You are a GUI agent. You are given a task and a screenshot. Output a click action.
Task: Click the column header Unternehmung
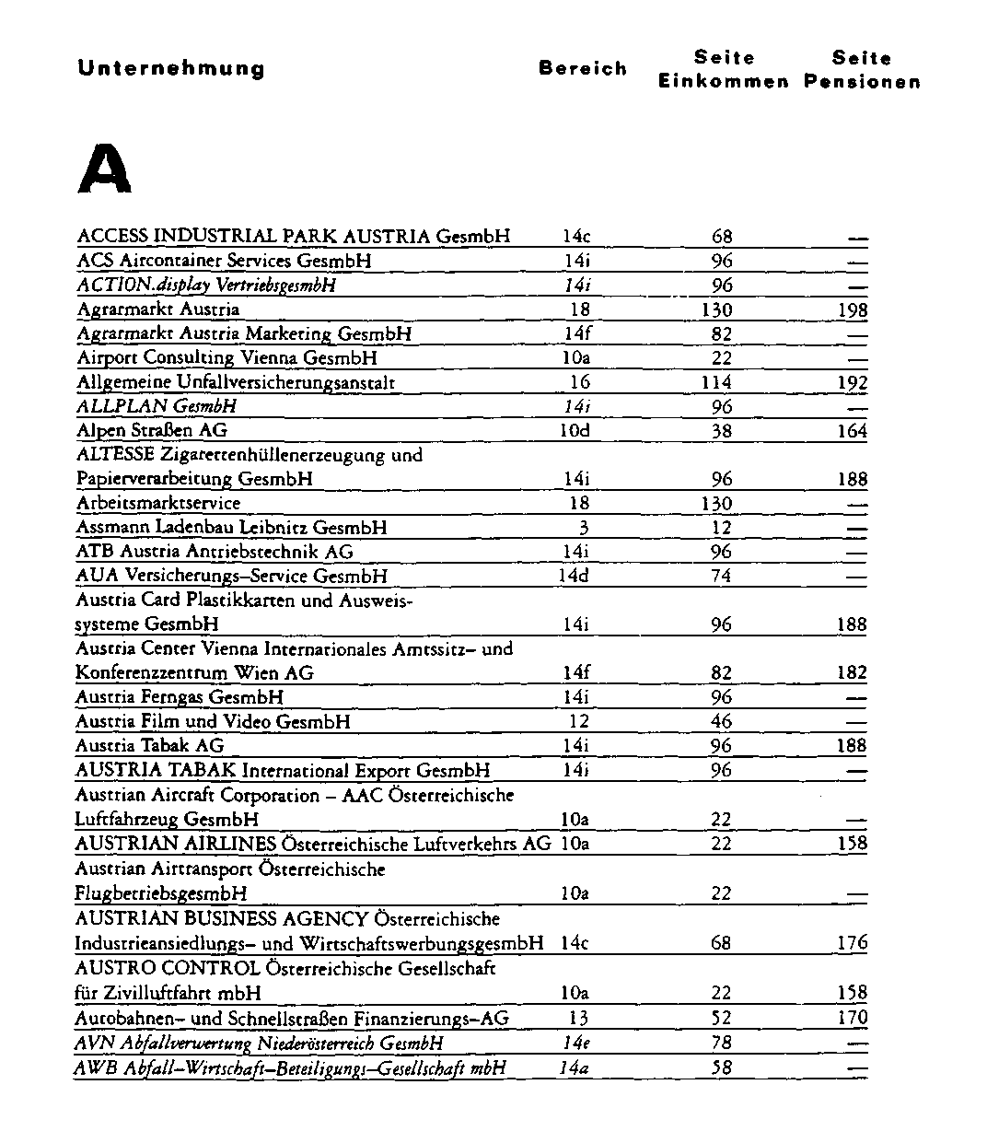coord(171,69)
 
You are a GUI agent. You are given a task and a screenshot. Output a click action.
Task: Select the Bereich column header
coord(583,69)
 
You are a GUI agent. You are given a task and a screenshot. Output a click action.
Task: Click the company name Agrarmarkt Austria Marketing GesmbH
coord(244,333)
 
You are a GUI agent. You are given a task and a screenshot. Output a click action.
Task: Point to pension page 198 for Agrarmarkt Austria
coord(853,310)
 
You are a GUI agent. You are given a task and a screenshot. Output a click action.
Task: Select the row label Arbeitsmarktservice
coord(158,503)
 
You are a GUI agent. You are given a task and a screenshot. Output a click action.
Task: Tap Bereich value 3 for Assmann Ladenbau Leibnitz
coord(583,528)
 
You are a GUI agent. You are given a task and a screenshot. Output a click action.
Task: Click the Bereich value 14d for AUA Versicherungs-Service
coord(575,576)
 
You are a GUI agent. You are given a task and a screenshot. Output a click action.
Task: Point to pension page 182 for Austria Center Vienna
coord(852,672)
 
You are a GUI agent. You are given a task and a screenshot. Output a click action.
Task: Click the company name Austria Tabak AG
coord(150,745)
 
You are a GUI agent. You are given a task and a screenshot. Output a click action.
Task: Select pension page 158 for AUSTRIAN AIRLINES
coord(852,844)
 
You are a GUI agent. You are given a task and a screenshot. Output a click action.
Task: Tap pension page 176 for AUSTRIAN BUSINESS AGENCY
coord(852,943)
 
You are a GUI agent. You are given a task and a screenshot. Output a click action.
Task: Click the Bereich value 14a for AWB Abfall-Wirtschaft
coord(575,1068)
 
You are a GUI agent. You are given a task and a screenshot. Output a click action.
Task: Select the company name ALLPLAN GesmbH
coord(157,406)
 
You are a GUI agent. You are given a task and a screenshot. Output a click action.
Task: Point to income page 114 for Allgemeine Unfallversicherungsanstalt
coord(716,382)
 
